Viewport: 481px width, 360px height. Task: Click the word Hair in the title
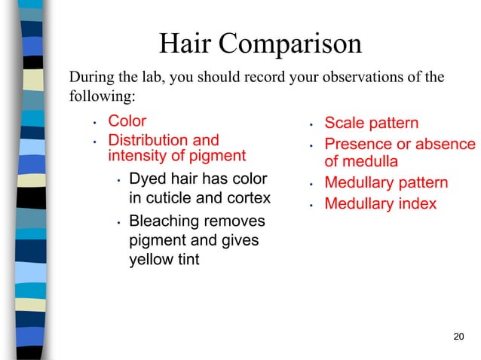(183, 44)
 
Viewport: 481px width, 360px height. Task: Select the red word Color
(127, 121)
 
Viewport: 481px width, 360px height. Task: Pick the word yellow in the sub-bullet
(151, 261)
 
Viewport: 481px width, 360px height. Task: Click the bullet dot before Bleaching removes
(118, 224)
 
